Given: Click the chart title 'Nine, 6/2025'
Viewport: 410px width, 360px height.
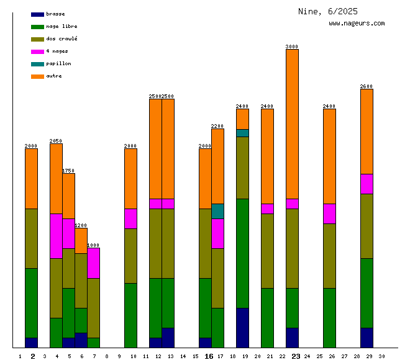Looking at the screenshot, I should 327,11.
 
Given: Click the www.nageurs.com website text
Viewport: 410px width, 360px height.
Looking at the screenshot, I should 357,24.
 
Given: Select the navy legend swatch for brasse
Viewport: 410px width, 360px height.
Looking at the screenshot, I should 37,14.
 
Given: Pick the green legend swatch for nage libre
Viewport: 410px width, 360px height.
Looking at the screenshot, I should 37,27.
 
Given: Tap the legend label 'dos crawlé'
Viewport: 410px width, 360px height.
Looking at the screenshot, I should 61,39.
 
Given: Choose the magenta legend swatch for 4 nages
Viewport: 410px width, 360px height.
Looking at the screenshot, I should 37,52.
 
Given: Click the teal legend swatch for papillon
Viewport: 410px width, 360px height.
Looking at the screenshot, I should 37,64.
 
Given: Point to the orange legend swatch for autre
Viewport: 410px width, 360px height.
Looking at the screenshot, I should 37,76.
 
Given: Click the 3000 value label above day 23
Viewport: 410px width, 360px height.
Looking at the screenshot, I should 292,47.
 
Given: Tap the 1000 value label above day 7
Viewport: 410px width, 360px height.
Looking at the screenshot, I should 93,245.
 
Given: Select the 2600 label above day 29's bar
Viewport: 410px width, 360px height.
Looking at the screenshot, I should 367,86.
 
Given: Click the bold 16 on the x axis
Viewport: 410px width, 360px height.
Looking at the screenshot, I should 209,356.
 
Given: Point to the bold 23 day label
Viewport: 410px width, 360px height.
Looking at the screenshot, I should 296,356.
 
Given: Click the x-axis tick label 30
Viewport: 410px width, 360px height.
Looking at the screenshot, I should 381,356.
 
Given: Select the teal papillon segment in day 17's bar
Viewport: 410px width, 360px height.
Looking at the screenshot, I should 217,211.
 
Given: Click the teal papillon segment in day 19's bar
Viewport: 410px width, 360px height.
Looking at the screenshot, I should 242,133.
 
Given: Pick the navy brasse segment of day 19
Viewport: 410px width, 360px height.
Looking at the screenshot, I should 242,328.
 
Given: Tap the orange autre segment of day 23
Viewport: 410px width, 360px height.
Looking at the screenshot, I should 292,124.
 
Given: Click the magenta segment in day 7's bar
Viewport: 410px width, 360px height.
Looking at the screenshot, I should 93,263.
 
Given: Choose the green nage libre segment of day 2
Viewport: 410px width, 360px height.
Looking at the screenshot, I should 31,303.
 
